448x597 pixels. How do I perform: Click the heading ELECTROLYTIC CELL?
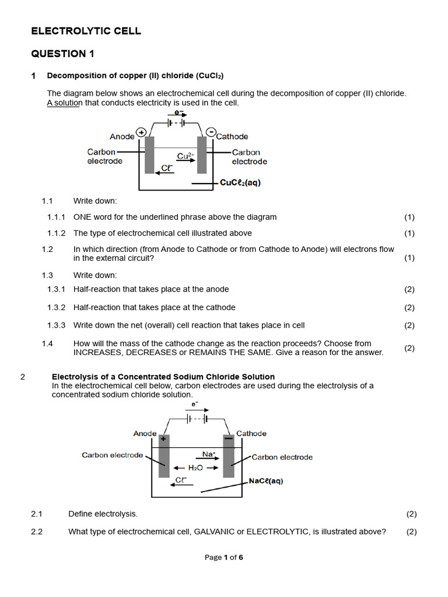click(86, 31)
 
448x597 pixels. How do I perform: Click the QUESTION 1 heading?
click(62, 54)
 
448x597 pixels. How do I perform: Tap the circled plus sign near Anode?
click(141, 132)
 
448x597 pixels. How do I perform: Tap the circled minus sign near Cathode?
click(211, 132)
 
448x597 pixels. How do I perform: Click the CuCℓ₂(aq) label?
click(240, 182)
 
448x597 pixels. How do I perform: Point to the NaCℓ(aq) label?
click(265, 481)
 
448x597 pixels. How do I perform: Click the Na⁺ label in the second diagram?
click(209, 454)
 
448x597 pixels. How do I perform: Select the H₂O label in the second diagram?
click(195, 468)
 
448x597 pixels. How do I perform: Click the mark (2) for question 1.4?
click(409, 348)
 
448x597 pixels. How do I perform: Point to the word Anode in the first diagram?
click(122, 136)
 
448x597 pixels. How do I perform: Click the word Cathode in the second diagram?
click(251, 433)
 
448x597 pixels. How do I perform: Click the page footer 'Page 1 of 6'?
click(223, 557)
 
